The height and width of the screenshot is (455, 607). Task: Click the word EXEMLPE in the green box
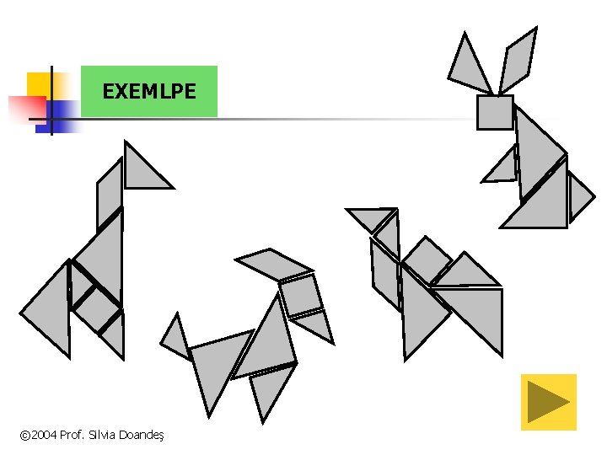click(148, 91)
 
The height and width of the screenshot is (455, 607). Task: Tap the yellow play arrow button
click(548, 402)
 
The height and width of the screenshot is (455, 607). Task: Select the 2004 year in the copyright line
click(44, 435)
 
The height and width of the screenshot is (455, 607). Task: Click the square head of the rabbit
click(495, 112)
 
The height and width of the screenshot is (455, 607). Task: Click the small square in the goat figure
click(300, 295)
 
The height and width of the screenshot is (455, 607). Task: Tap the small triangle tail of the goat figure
click(176, 337)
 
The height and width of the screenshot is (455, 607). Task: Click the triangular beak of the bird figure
click(371, 218)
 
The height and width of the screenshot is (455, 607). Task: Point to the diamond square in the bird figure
click(427, 260)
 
